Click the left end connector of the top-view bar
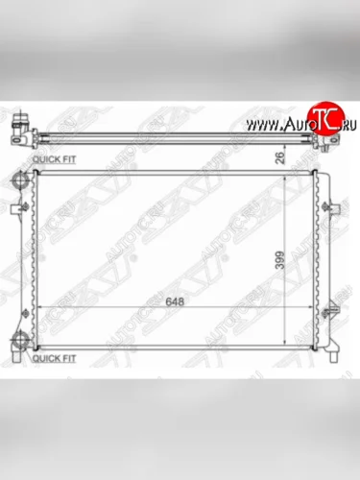21,127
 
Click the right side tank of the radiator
321,259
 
